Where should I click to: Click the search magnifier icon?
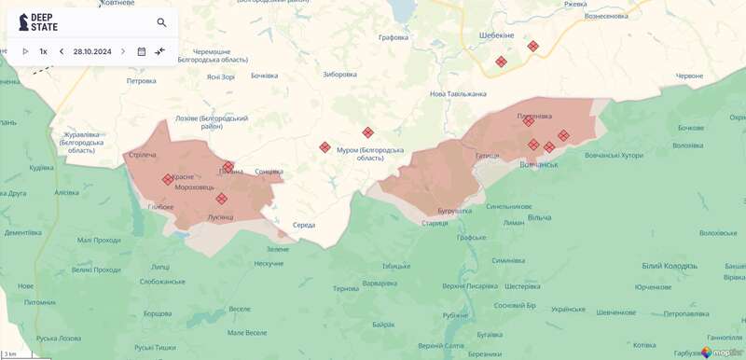161,22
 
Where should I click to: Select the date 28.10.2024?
92,51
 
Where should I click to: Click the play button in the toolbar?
25,51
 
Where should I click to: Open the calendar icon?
142,51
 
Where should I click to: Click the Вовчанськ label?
538,165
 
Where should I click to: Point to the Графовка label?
394,37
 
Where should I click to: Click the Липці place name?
161,266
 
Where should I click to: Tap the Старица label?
435,223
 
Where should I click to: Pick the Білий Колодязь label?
670,266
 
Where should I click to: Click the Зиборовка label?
339,75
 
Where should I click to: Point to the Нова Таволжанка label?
458,93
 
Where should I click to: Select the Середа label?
303,225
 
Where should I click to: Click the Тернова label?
346,288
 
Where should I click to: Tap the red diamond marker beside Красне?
168,179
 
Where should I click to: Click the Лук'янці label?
220,216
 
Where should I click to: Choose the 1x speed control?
43,51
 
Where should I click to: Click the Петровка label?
142,81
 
